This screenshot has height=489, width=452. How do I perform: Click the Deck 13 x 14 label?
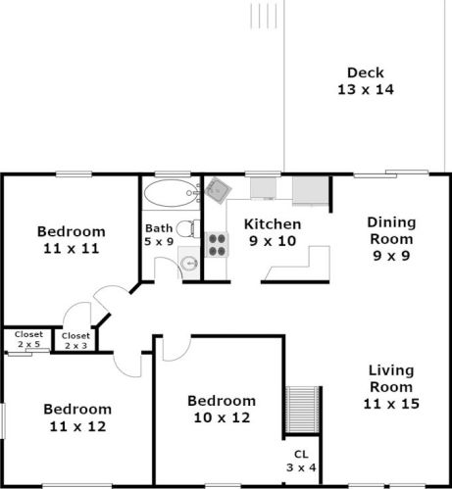tap(366, 81)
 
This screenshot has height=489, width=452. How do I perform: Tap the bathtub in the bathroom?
tap(169, 193)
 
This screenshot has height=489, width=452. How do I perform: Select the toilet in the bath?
tap(188, 228)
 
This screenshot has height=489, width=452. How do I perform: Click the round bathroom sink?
tap(189, 263)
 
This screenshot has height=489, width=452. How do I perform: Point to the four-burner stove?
tap(217, 245)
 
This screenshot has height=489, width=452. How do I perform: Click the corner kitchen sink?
tap(218, 190)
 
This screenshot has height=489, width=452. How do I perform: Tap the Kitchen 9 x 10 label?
tap(273, 232)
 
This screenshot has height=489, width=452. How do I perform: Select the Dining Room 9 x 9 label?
tap(391, 239)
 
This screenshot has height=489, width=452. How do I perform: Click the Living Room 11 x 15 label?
tap(391, 387)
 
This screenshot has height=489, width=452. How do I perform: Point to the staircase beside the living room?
tap(302, 410)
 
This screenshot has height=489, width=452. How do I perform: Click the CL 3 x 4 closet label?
tap(301, 461)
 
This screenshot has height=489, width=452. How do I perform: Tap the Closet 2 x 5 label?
tap(28, 339)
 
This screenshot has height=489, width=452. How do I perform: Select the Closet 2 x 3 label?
tap(75, 340)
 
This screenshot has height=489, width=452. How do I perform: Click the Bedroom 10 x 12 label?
tap(222, 409)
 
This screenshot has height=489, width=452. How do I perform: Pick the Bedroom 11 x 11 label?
tap(72, 240)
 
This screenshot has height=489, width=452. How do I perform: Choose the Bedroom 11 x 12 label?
tap(77, 417)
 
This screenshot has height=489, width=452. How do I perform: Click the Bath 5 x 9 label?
tap(159, 234)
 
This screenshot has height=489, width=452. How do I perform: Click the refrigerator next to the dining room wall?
tap(310, 191)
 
